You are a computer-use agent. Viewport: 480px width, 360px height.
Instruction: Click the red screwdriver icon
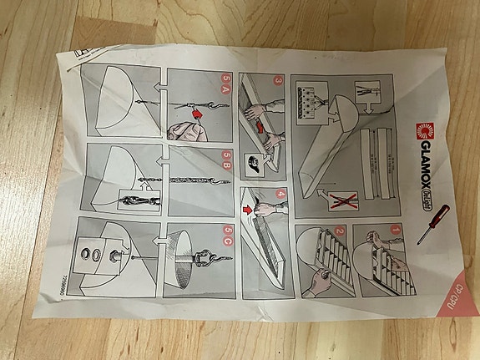(x=435, y=224)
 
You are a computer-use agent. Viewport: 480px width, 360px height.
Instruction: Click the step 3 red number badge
(x=279, y=81)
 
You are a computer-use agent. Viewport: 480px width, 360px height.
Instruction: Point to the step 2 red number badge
(x=340, y=233)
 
